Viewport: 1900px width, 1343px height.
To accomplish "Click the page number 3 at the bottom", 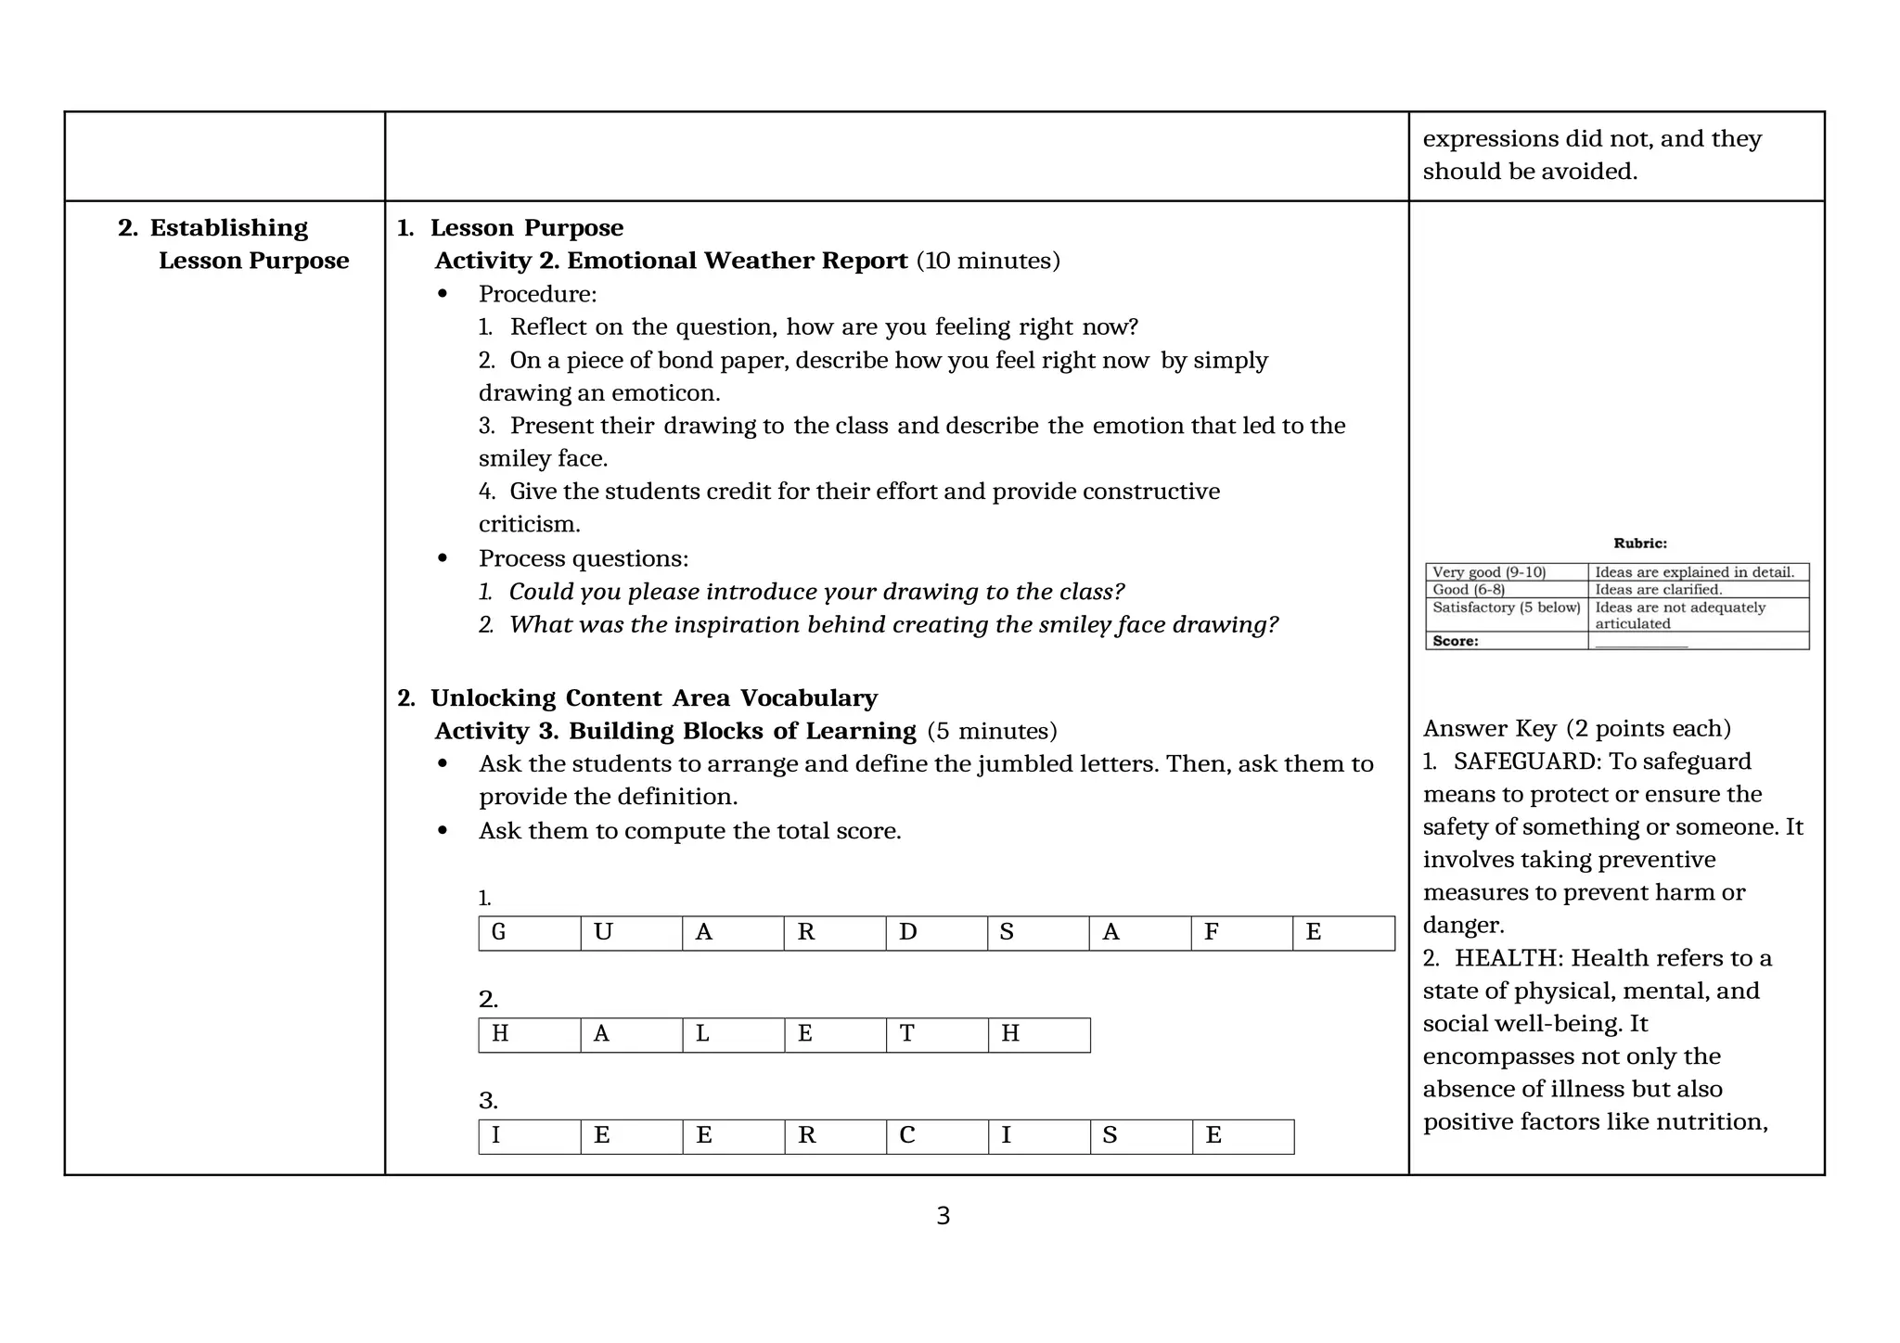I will [943, 1216].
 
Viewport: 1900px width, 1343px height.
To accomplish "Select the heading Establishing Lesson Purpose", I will [233, 244].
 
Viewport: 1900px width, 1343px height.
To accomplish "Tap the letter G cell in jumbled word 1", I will [529, 933].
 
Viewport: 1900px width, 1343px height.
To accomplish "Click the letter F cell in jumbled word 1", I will [1240, 933].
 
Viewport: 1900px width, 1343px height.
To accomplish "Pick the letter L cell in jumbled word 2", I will [733, 1035].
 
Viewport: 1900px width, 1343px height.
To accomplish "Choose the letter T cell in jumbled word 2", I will [936, 1035].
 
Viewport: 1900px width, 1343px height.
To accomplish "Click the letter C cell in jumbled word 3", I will [936, 1136].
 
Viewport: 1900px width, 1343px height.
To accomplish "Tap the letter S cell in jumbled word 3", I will [1140, 1136].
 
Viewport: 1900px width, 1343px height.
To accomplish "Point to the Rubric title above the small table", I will [1639, 544].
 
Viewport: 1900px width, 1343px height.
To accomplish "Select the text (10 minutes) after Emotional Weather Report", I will [988, 261].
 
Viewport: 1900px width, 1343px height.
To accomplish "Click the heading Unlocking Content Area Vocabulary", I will [653, 698].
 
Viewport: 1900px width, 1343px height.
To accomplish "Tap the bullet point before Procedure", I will [443, 294].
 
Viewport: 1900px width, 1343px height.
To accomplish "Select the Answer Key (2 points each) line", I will [1576, 729].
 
